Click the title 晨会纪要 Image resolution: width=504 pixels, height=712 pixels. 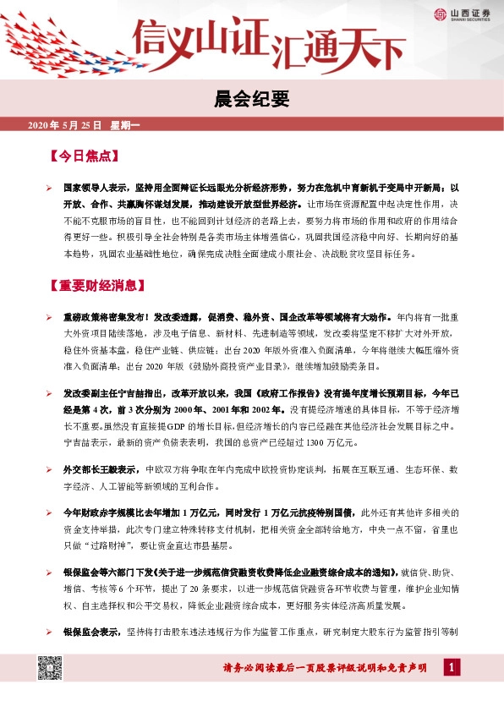(x=251, y=101)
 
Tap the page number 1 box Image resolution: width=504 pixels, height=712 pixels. (x=453, y=669)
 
